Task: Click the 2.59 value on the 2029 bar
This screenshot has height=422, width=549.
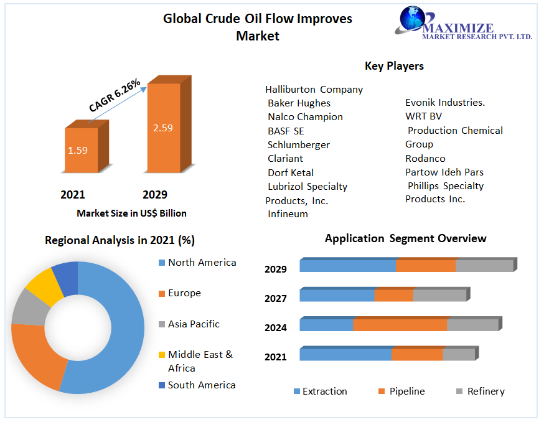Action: point(162,128)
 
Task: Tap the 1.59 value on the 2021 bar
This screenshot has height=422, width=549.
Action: point(78,150)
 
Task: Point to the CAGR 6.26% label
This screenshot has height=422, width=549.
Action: point(115,95)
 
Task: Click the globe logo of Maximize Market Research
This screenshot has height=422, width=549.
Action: point(412,20)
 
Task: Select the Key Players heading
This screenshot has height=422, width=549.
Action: point(394,66)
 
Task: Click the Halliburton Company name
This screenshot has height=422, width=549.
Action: point(314,89)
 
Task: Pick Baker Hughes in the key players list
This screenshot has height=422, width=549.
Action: point(299,103)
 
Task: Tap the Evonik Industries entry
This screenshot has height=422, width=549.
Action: point(444,102)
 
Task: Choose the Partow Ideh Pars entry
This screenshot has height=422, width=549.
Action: point(444,172)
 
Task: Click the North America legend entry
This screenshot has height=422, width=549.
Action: point(202,263)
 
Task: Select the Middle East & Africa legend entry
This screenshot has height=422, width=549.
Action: point(200,361)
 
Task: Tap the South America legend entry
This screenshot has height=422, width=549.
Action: point(201,385)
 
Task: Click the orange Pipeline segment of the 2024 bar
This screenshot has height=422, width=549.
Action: point(400,325)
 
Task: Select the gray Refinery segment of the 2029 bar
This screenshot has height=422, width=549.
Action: point(484,266)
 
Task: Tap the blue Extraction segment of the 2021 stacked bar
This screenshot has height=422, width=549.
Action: point(345,354)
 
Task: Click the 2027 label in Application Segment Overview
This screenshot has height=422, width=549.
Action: point(276,298)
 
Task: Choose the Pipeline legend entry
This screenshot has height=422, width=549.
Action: point(406,392)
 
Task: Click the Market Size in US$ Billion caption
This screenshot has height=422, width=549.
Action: point(131,213)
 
